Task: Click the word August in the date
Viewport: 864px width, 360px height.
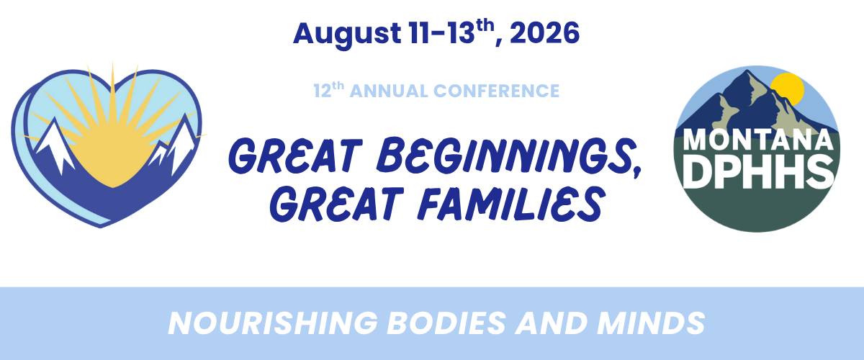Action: (347, 35)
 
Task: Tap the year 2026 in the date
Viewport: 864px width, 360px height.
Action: (544, 33)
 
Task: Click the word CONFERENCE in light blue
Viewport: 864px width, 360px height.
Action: (496, 91)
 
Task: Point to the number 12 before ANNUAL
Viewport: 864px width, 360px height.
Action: (322, 91)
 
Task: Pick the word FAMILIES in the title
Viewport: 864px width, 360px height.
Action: (509, 203)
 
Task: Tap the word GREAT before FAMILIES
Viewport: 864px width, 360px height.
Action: (336, 204)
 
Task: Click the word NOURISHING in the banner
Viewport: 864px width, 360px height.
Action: (273, 323)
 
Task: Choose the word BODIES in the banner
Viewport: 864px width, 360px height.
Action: (446, 323)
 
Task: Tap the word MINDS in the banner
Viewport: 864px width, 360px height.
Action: (651, 323)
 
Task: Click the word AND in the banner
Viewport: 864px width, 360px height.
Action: (552, 323)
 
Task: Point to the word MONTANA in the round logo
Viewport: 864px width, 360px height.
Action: (757, 140)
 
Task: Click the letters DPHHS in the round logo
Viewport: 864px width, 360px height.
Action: (758, 171)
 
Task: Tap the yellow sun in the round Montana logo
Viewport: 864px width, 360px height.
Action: (788, 89)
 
